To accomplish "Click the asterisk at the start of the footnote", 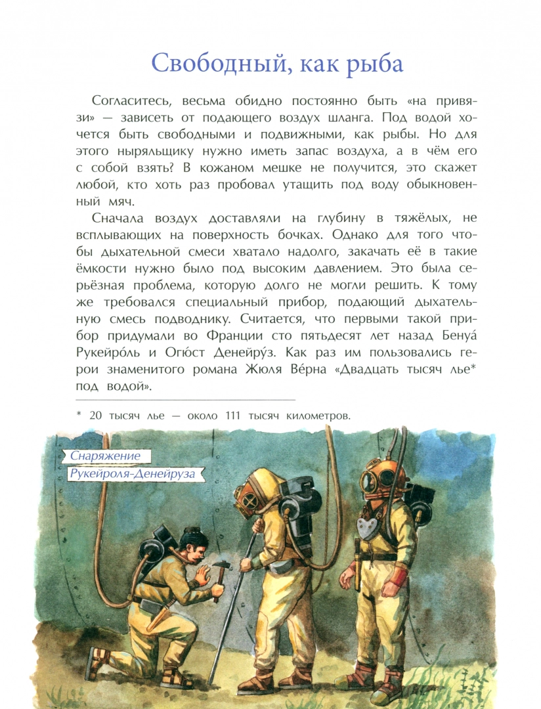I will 78,414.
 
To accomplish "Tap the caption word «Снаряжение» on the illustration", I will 106,456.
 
